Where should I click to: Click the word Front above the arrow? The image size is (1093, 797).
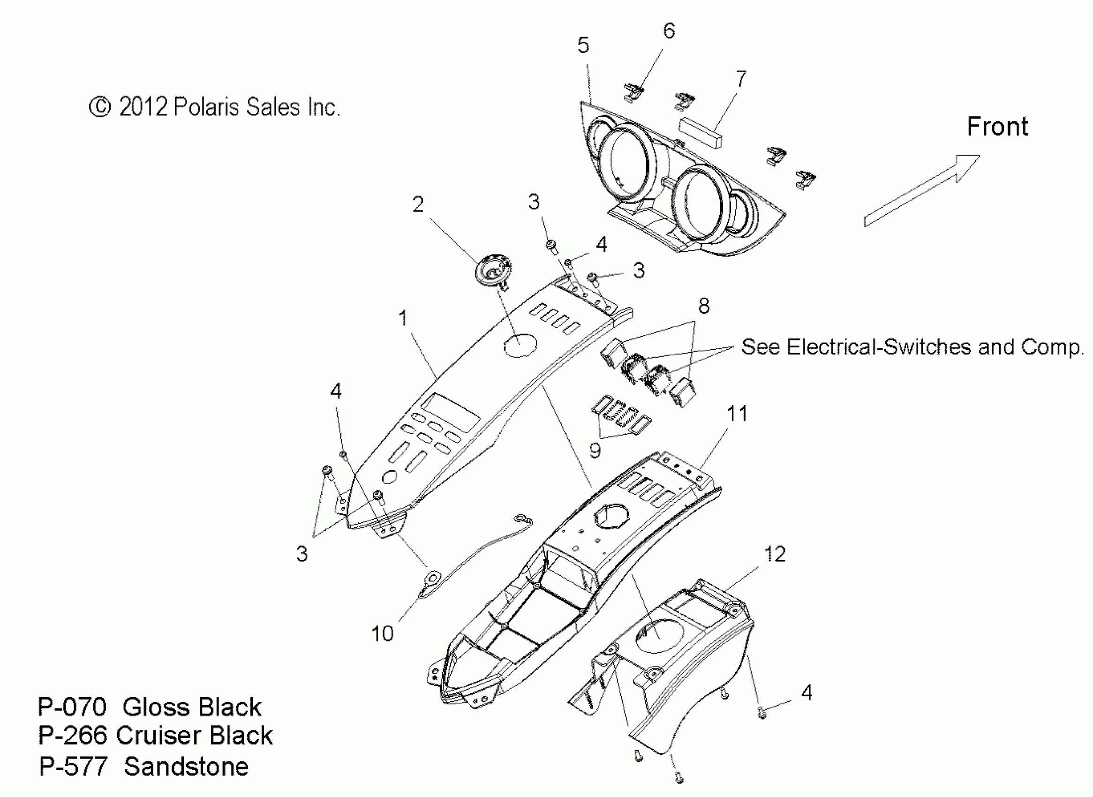pos(997,127)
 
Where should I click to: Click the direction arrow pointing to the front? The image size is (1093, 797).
pos(922,190)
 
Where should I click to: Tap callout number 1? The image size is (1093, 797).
pos(403,318)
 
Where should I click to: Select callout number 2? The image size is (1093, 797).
pos(418,204)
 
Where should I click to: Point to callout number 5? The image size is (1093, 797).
pos(583,45)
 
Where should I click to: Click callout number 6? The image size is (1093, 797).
pos(669,31)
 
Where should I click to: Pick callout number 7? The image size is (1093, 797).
pos(741,79)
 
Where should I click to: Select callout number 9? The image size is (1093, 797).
pos(595,451)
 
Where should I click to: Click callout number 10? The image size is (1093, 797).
pos(382,633)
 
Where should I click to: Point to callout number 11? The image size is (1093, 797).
pos(737,414)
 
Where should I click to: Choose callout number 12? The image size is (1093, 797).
pos(775,554)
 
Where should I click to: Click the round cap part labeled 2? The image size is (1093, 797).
pos(491,271)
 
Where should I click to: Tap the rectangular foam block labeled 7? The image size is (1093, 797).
pos(700,132)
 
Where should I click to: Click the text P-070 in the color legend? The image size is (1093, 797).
pos(72,707)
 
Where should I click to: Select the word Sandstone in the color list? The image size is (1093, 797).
pos(186,767)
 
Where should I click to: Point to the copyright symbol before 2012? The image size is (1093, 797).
pos(100,107)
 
